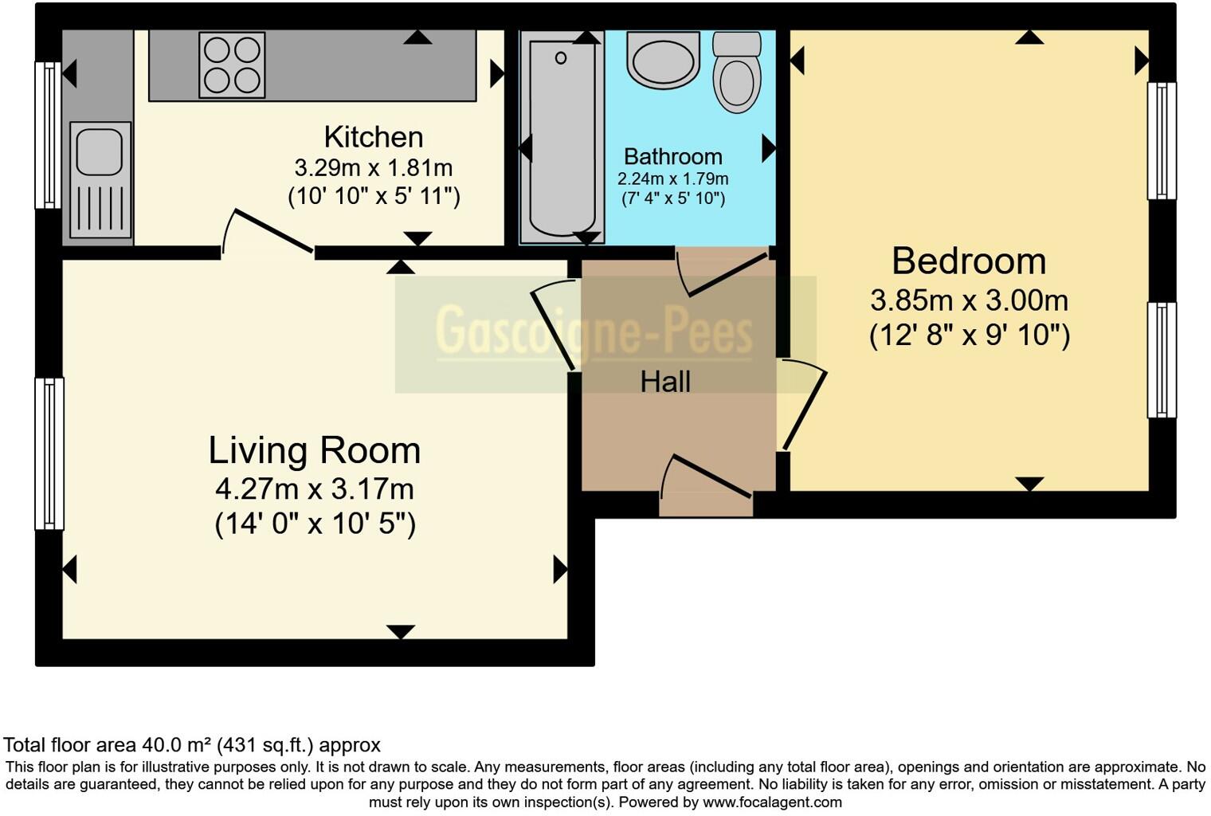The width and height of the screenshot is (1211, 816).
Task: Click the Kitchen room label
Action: pos(373,137)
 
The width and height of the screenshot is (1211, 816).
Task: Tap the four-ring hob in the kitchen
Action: pos(232,65)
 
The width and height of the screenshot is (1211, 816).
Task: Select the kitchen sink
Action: pos(100,179)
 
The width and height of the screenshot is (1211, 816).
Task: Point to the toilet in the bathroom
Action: pos(736,73)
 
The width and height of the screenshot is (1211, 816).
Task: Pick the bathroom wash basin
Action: pos(663,59)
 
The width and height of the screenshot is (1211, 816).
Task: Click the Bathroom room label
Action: pos(672,156)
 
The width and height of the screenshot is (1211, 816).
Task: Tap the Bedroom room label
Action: pos(968,261)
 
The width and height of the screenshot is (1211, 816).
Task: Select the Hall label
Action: pos(665,382)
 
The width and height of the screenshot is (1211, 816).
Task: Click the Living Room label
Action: pos(315,451)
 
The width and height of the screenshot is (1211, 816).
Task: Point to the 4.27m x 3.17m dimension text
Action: pos(315,488)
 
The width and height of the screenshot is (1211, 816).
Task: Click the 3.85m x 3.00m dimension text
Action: pos(969,300)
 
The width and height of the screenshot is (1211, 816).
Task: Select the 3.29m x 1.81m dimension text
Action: pos(373,168)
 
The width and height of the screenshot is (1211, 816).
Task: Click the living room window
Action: pos(49,453)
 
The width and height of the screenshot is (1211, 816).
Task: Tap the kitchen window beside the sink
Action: pos(48,135)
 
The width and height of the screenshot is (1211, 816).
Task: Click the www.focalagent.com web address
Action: pos(772,802)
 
